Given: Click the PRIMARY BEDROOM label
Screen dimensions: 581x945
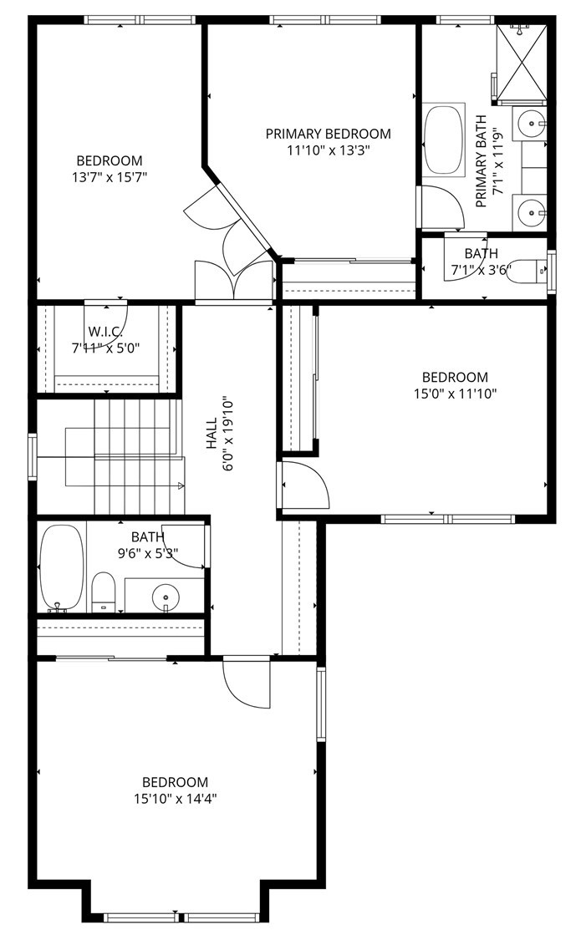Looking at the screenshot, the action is point(328,133).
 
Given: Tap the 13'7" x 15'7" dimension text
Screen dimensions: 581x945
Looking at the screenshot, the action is point(109,177).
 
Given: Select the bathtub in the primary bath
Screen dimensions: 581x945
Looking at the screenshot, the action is point(444,140).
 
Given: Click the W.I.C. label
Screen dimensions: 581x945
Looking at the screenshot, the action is point(106,332).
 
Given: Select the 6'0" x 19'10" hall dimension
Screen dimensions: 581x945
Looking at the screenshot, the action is point(228,434).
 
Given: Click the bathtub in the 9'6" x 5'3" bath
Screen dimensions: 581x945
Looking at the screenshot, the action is point(62,568).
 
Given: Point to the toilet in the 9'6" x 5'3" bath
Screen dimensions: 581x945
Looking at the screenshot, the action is point(104,592).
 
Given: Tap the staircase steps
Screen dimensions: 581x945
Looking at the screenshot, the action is point(139,457).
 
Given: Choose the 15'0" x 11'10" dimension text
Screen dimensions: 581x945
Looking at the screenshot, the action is point(455,394).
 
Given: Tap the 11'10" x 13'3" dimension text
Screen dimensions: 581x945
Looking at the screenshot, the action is point(328,150).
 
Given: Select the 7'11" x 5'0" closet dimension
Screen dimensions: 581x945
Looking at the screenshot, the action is point(106,348).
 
